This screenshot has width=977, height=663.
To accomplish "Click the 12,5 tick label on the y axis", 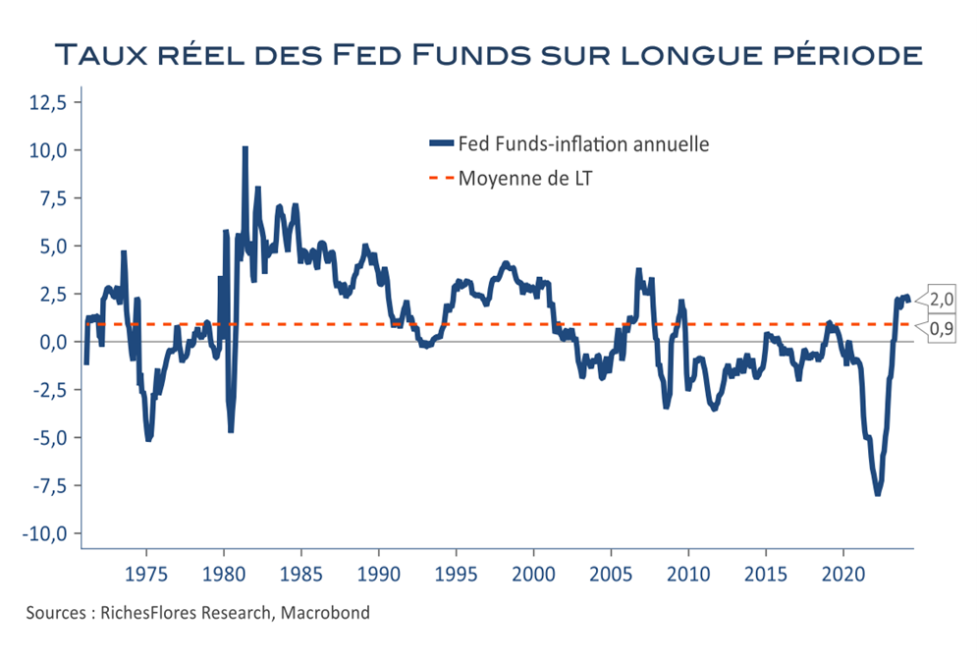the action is click(47, 102).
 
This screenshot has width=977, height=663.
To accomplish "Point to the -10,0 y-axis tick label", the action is click(44, 534).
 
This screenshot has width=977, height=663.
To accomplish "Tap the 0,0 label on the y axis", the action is click(52, 342).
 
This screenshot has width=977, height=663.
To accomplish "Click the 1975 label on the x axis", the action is click(146, 574).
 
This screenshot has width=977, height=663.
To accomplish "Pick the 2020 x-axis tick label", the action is click(843, 574).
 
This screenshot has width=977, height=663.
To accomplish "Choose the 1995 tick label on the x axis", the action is click(457, 574).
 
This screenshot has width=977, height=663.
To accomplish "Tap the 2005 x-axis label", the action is click(611, 574).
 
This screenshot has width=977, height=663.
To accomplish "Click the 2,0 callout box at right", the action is click(941, 300).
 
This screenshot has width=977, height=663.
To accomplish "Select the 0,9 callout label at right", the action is click(941, 328).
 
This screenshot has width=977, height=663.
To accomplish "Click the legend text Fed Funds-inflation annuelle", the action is click(584, 144).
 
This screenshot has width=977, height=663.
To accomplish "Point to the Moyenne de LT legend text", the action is click(525, 179).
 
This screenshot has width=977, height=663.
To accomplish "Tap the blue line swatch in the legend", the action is click(441, 144).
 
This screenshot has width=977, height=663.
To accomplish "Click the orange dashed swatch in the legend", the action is click(441, 179).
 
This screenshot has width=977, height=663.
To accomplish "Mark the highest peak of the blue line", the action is click(244, 148).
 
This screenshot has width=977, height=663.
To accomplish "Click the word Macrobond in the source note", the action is click(325, 613).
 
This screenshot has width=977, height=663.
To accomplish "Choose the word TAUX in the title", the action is click(102, 55).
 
